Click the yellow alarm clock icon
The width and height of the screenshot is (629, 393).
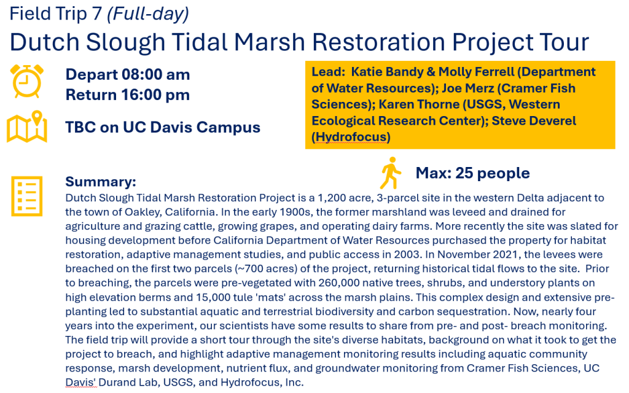27,81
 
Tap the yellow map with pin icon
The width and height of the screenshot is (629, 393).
27,126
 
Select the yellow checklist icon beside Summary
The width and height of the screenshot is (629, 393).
26,196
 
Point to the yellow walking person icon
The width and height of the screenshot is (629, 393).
390,173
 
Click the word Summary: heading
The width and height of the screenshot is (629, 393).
101,182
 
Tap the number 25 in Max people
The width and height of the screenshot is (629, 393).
464,173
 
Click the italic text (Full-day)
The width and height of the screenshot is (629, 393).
148,14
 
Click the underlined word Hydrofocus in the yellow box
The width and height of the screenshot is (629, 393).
351,137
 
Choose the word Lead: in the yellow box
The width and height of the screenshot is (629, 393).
328,72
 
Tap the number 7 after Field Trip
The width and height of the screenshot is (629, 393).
96,14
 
